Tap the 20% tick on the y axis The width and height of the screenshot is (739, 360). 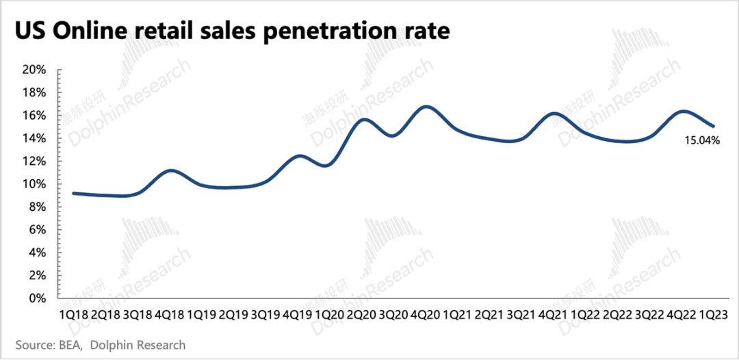coord(34,70)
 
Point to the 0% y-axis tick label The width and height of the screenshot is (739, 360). coord(37,298)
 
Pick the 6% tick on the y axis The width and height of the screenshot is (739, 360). coord(37,230)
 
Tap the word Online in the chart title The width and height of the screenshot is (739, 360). coord(86,31)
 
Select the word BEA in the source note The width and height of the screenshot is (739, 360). coord(67,345)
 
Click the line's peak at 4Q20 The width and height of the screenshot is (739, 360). coord(426,107)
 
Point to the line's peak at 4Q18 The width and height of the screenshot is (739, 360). coord(171,170)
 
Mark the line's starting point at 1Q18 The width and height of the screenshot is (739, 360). coord(73,193)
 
